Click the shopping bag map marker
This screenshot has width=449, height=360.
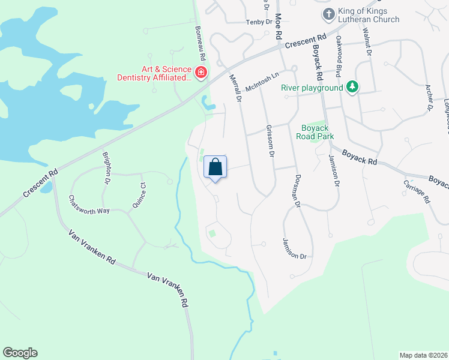coord(215,167)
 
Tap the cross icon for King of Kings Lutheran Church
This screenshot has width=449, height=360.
coord(328,14)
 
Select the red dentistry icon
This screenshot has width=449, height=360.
coord(200,73)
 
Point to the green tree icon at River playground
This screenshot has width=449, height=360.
coord(353,88)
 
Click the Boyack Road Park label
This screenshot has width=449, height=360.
coord(315,131)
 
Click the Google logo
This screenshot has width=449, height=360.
coord(20,353)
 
